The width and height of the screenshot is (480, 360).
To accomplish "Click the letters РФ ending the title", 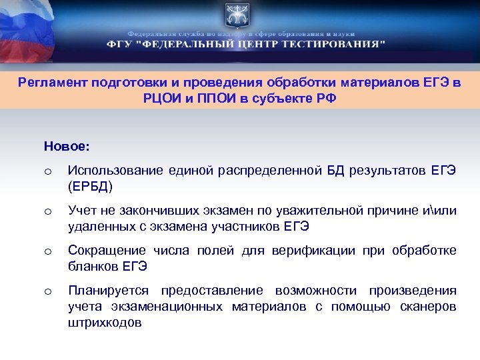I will pyautogui.click(x=327, y=97).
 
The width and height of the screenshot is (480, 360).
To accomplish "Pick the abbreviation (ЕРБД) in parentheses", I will pyautogui.click(x=90, y=185).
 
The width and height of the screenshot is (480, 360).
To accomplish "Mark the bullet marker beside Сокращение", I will pyautogui.click(x=47, y=251).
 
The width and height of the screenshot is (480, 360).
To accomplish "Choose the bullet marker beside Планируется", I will pyautogui.click(x=47, y=291).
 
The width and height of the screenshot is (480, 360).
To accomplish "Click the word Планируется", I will pyautogui.click(x=110, y=291).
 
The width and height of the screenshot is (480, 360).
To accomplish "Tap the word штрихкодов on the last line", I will pyautogui.click(x=104, y=321).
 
